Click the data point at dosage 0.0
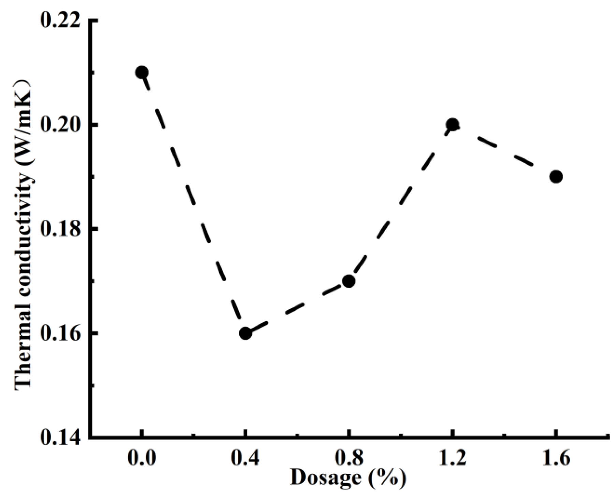141,72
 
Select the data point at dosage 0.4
245,333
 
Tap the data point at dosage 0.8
349,281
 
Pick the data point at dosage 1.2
453,125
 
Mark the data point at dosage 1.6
556,176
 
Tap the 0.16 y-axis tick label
59,334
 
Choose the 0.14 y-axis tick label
59,438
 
